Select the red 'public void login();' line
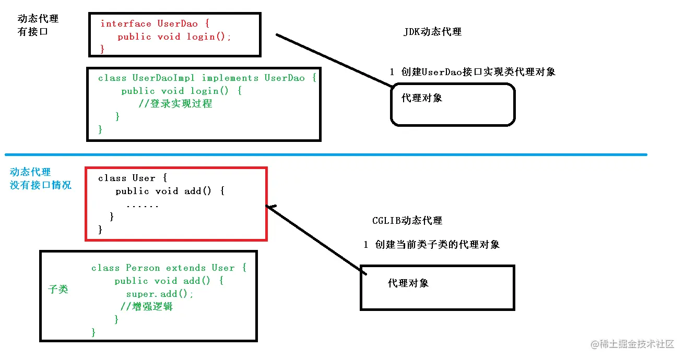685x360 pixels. point(174,37)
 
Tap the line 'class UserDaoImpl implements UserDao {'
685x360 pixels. point(207,78)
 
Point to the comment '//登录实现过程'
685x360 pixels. point(175,103)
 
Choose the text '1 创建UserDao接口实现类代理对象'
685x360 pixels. point(472,71)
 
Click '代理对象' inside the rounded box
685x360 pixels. point(422,98)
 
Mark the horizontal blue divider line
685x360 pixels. point(326,154)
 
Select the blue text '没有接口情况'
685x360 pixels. point(41,185)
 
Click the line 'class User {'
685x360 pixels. point(132,178)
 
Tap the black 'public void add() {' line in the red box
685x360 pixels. point(170,191)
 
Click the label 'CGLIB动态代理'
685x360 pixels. point(407,220)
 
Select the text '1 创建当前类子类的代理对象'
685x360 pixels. point(431,244)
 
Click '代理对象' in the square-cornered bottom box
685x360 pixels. point(408,283)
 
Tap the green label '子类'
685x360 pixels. point(58,289)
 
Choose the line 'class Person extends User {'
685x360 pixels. point(169,268)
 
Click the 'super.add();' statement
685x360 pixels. point(160,294)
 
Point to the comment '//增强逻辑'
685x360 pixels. point(147,306)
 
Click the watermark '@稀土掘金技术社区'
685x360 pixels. point(633,344)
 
